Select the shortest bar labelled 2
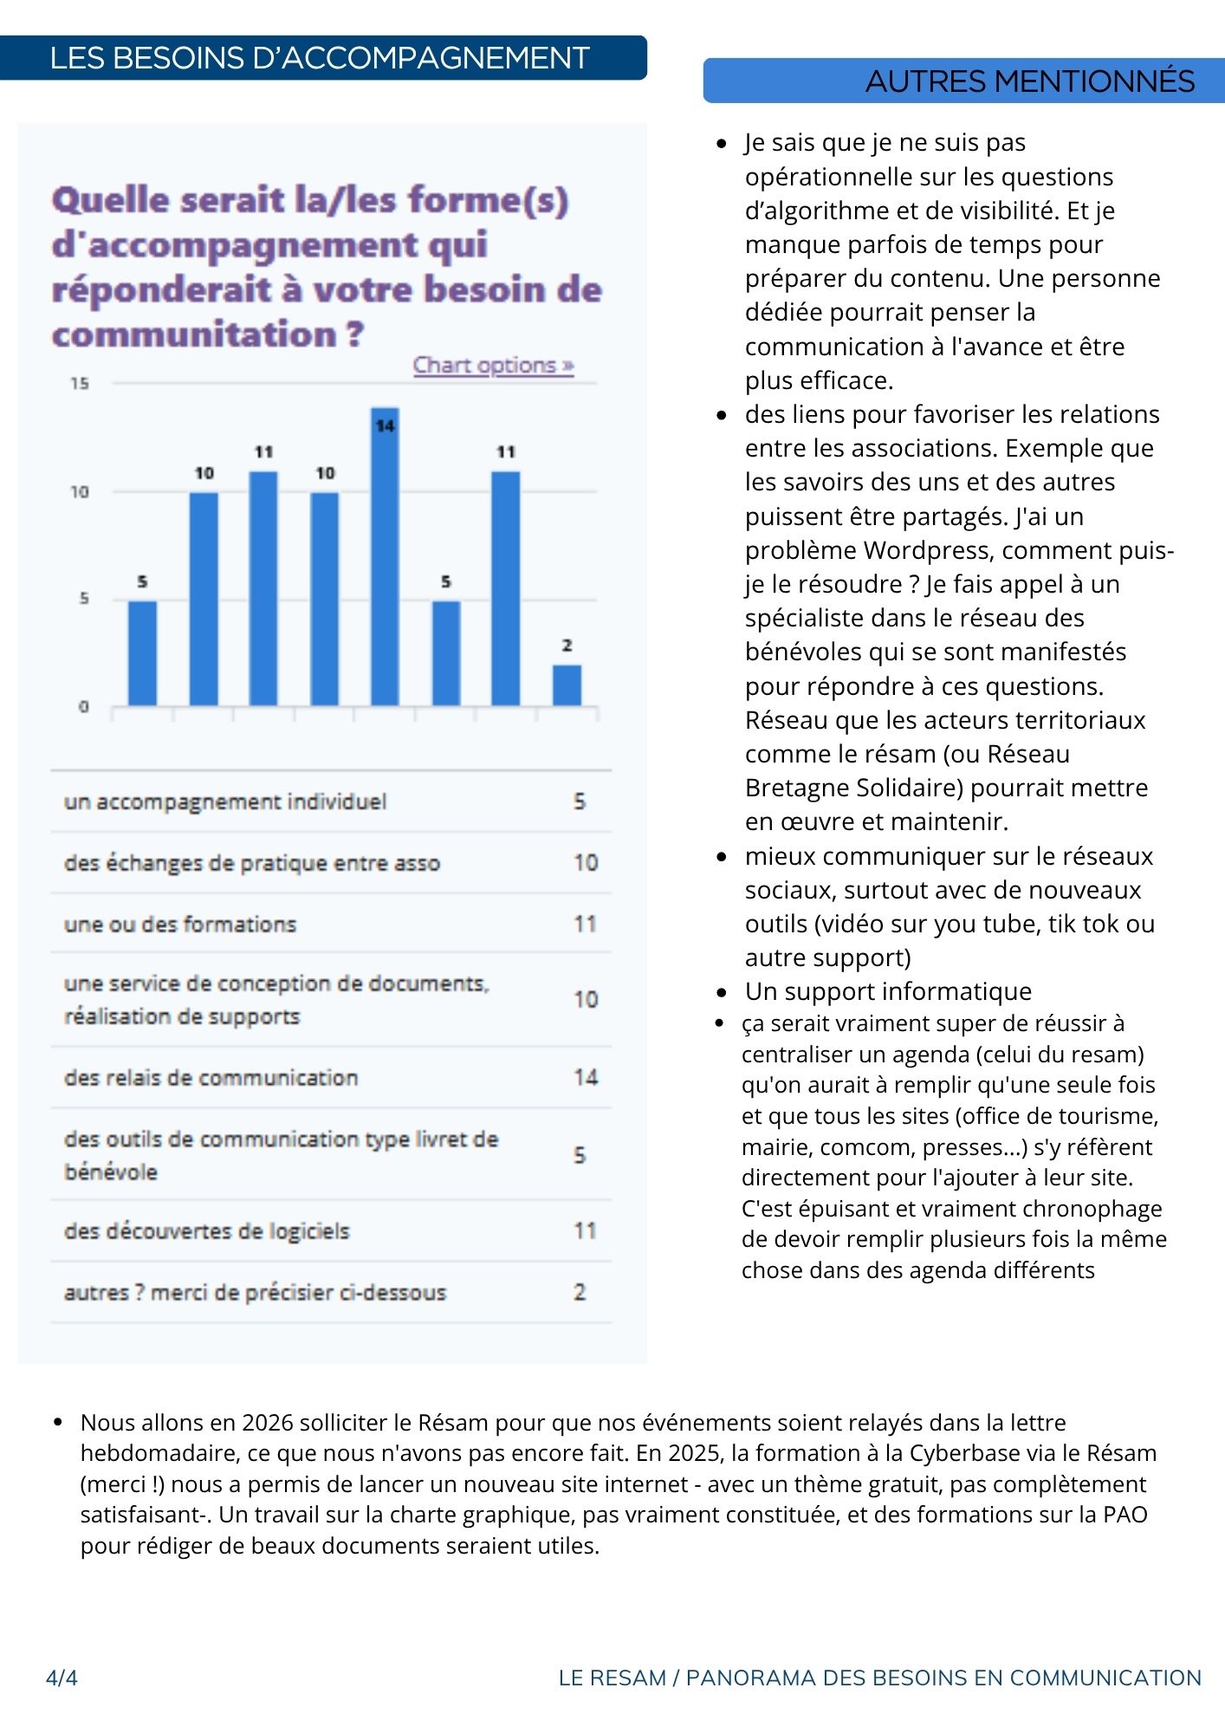(x=567, y=685)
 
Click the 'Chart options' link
(x=493, y=366)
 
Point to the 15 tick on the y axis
(x=80, y=384)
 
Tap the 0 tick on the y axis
(x=83, y=706)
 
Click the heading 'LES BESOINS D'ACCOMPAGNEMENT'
(x=320, y=58)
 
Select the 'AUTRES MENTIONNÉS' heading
(x=1029, y=81)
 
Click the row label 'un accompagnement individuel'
(x=225, y=802)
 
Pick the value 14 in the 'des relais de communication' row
(x=586, y=1077)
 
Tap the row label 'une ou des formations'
(x=180, y=925)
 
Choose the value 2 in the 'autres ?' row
(x=580, y=1292)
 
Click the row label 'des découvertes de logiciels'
(x=206, y=1231)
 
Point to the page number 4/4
(x=62, y=1678)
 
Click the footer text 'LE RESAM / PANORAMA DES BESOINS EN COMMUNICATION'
(x=879, y=1678)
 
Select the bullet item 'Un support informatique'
(x=888, y=991)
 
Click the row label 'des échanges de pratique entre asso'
(x=252, y=863)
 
